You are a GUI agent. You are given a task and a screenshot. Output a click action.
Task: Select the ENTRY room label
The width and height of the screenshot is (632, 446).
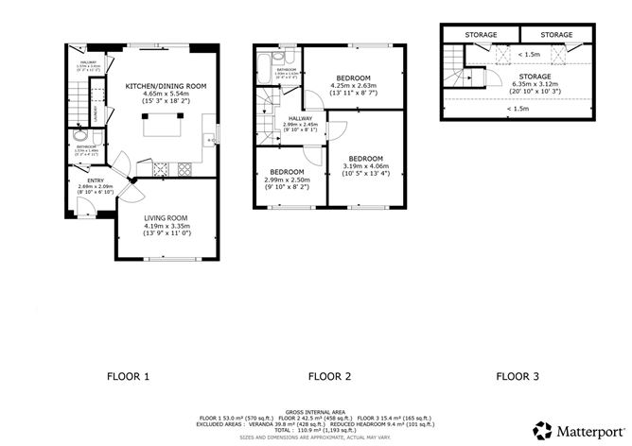(x=97, y=180)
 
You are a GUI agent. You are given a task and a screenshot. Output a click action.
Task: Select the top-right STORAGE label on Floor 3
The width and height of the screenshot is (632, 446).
(x=556, y=35)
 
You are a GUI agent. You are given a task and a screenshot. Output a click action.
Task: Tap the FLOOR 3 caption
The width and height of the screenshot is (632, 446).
(x=518, y=377)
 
